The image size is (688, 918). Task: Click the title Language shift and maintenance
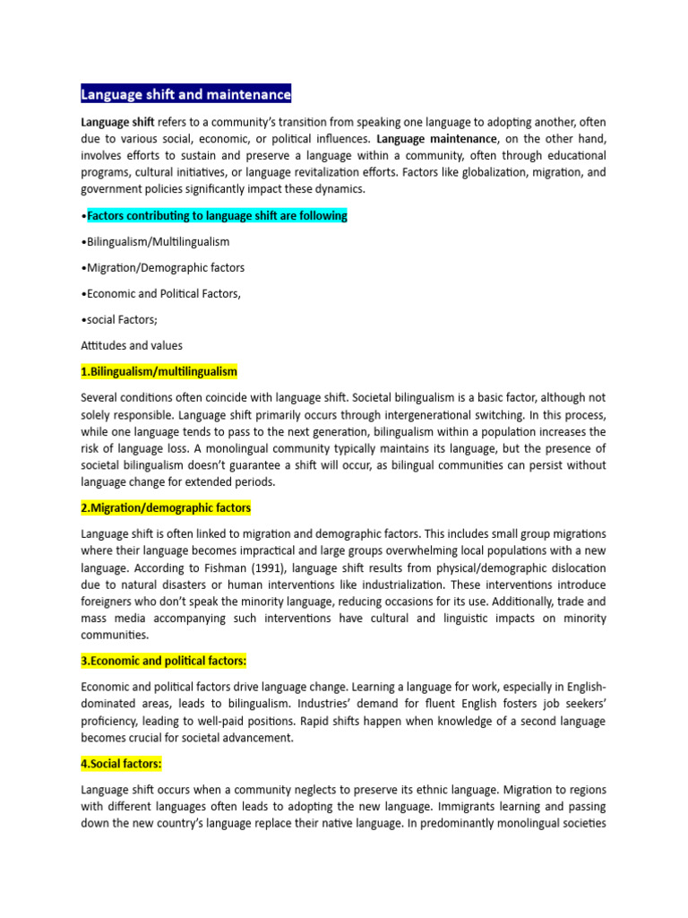[185, 94]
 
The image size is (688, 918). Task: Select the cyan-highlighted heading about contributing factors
[217, 216]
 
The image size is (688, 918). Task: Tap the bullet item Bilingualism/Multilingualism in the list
[155, 242]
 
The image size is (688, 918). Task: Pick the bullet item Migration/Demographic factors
[162, 268]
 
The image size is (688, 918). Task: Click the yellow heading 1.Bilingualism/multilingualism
[159, 371]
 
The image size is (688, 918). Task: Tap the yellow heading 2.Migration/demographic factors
[166, 508]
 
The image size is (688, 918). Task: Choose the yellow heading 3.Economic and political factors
[163, 662]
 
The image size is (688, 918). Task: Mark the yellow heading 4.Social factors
[121, 764]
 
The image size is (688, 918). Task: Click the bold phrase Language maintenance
[436, 139]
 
